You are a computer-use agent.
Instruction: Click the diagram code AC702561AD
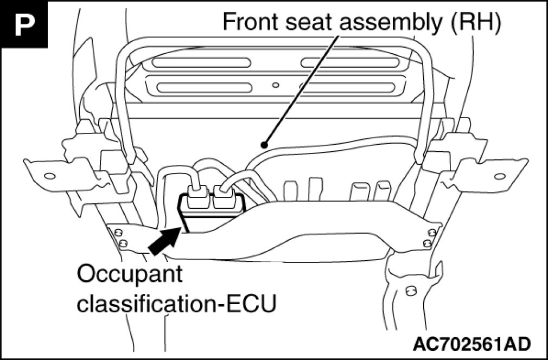[471, 343]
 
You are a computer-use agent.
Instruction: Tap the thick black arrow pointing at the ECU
[165, 240]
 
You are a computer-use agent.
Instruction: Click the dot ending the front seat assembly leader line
[264, 145]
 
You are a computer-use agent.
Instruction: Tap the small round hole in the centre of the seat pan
[276, 85]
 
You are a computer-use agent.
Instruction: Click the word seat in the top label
[302, 23]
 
